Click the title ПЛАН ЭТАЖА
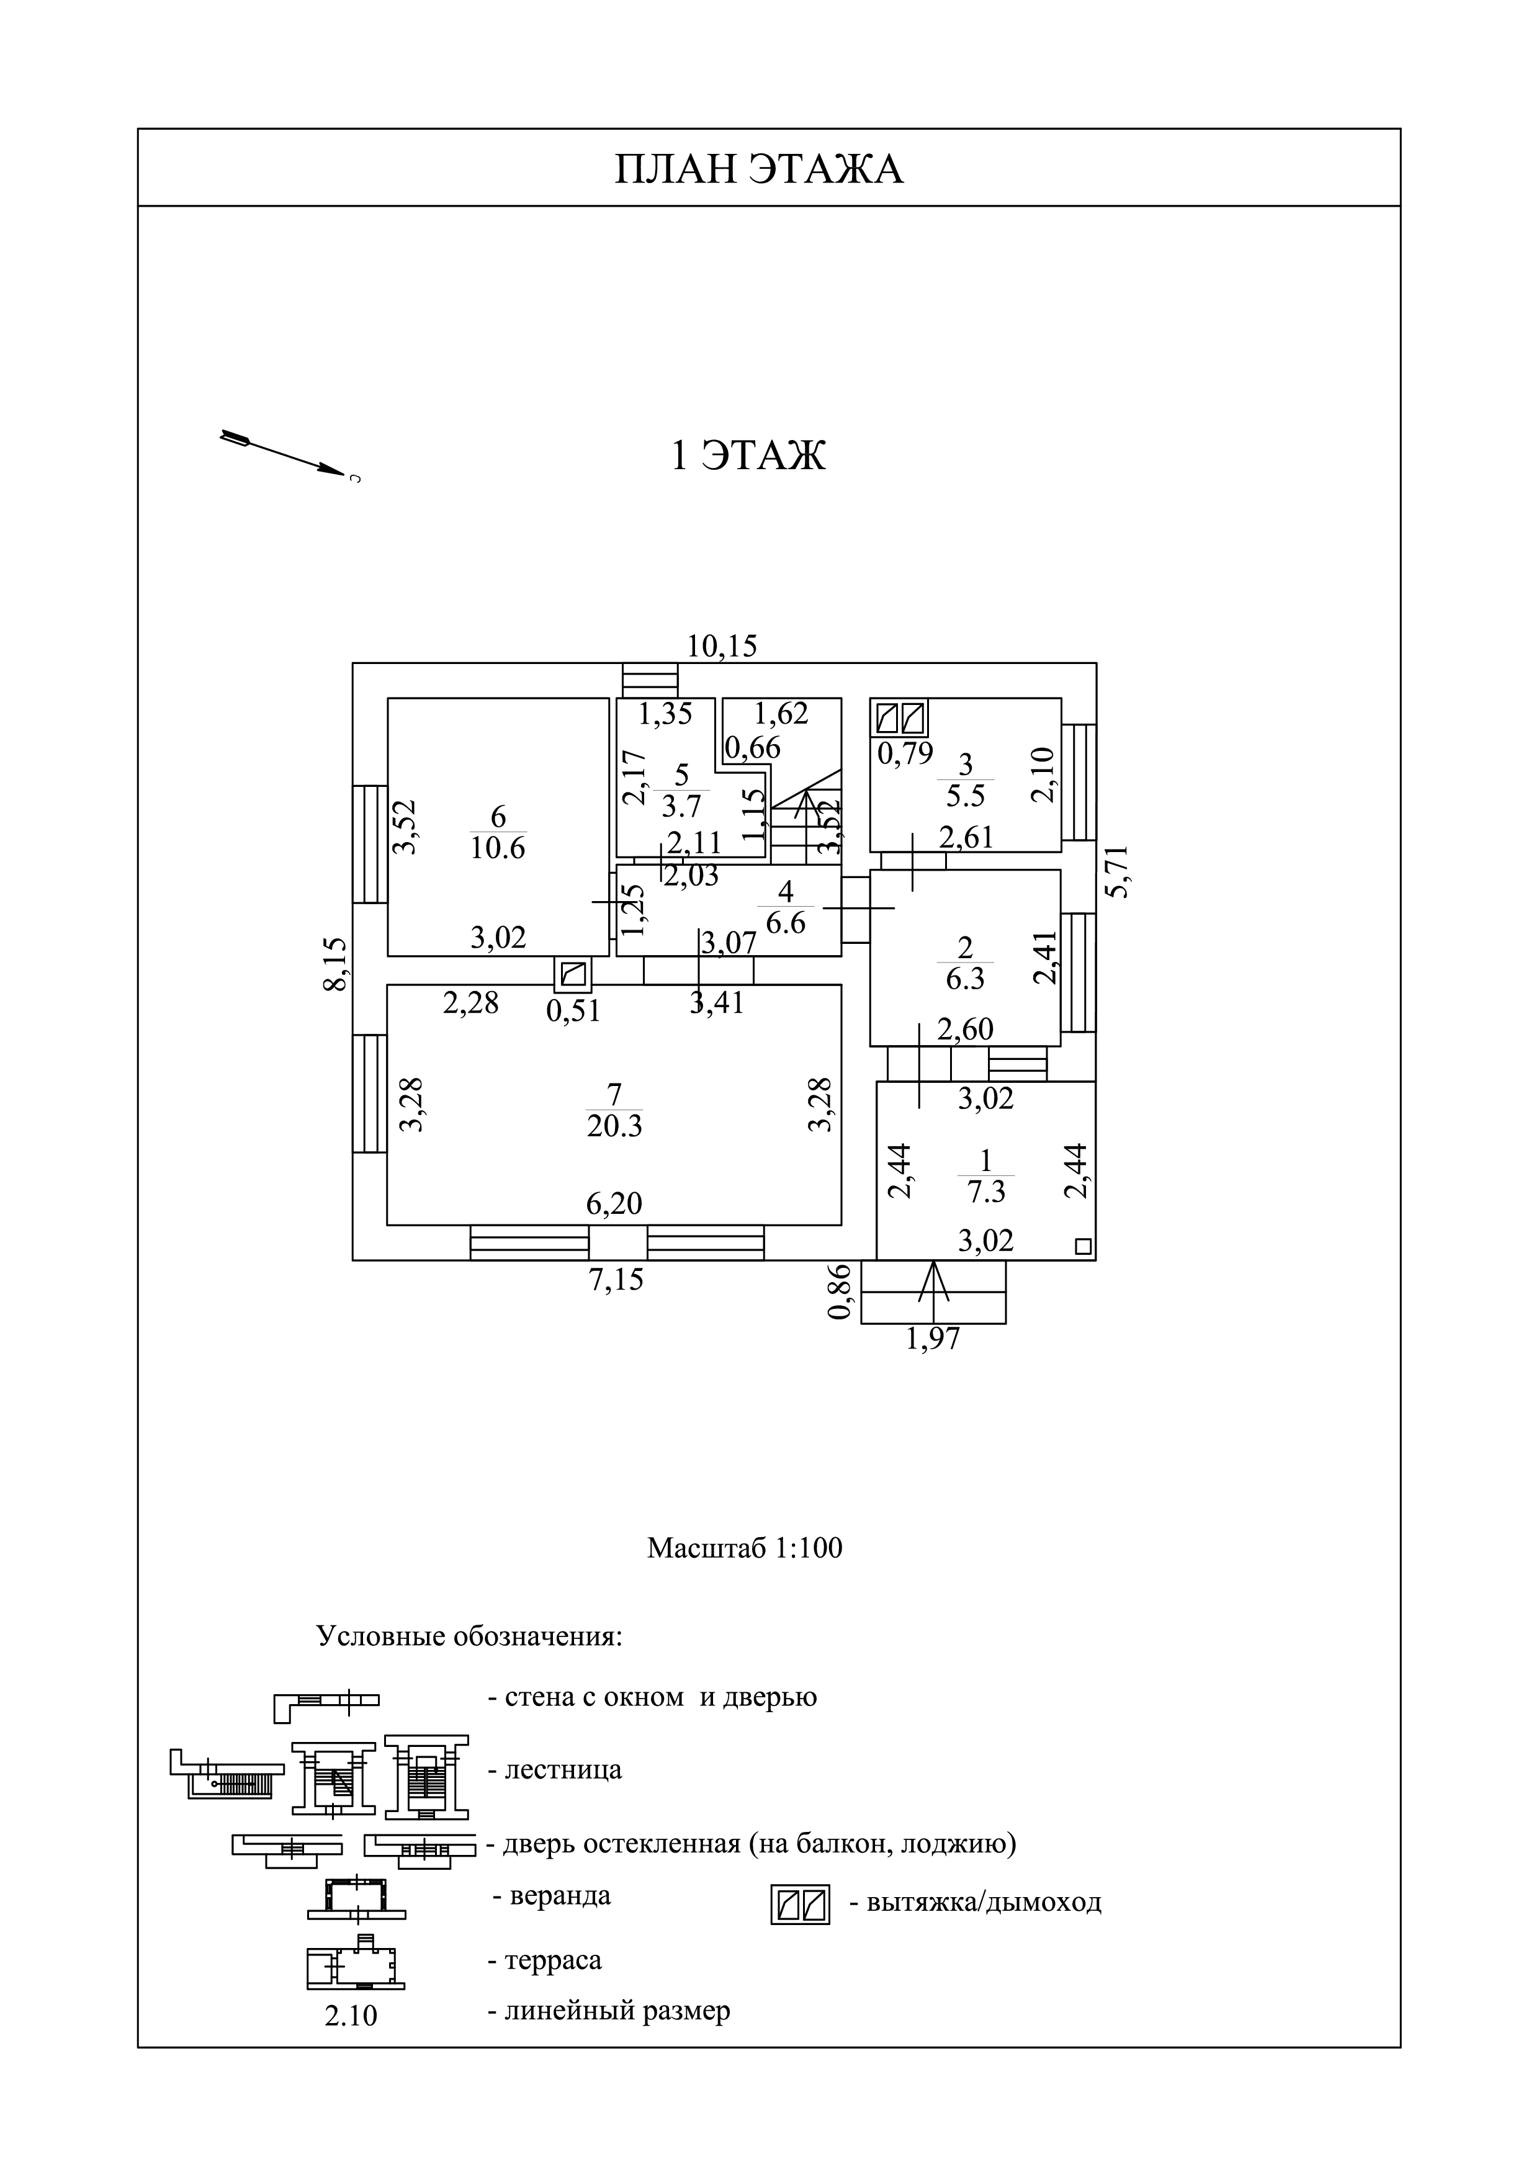point(760,169)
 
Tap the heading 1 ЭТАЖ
point(748,455)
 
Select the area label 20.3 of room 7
point(614,1126)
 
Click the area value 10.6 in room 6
point(498,846)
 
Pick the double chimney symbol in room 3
point(900,718)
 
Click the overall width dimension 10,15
point(722,645)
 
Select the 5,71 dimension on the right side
point(1120,871)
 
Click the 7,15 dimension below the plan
point(616,1280)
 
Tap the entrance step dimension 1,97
point(933,1339)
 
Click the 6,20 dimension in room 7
point(614,1203)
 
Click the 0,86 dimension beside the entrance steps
point(840,1291)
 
